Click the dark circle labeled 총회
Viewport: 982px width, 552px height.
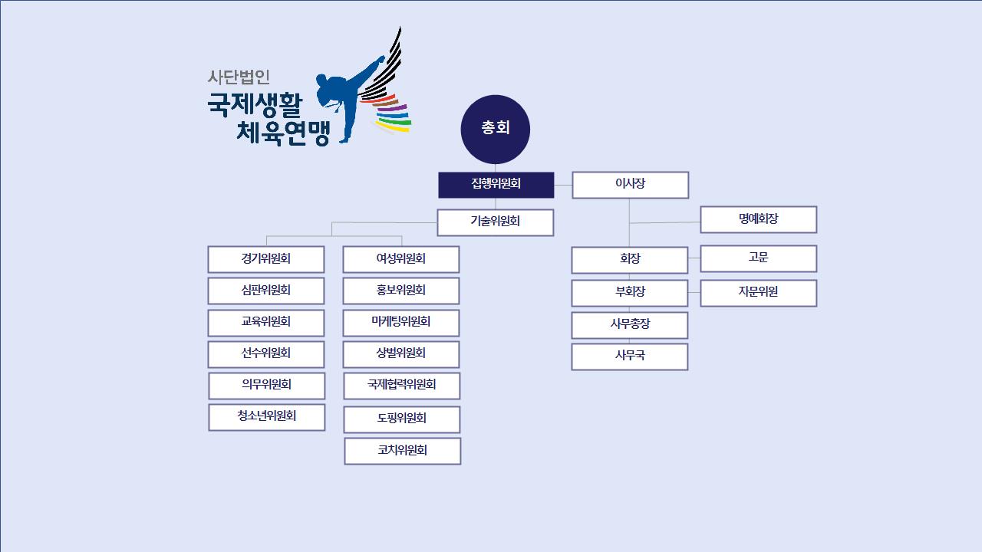496,129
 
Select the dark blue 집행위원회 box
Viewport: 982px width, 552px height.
496,185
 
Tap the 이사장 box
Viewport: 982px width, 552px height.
630,185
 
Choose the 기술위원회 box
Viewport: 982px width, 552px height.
495,222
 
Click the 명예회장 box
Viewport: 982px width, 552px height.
758,219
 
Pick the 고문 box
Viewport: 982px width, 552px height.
758,258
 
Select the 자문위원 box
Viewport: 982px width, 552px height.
758,293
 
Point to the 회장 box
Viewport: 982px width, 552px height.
629,260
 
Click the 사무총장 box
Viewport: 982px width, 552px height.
629,325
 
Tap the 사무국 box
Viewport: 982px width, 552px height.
629,356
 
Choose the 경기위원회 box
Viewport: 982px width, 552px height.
265,259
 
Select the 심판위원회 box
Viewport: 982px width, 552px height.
265,291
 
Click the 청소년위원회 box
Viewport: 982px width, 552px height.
266,417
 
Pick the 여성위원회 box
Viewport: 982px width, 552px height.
400,259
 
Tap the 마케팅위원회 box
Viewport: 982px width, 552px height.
400,323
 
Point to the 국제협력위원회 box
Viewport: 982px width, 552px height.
401,386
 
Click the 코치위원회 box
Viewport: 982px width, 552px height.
402,451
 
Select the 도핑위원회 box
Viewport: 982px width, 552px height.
401,419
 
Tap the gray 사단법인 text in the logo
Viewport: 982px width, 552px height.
239,77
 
